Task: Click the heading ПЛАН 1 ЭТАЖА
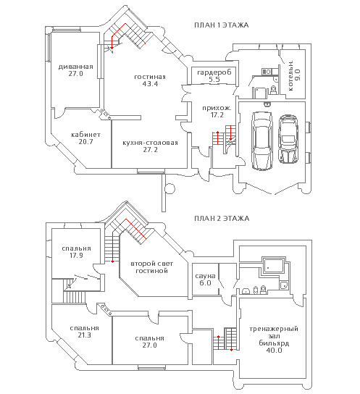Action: [x=222, y=25]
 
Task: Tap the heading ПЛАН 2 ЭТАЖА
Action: [x=222, y=218]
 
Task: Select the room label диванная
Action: [x=75, y=67]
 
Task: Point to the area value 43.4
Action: [x=150, y=84]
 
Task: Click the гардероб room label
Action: [x=214, y=72]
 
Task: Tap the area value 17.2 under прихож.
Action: [x=217, y=115]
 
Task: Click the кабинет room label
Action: [x=85, y=135]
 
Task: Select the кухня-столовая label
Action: [x=150, y=143]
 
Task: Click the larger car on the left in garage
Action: [x=262, y=141]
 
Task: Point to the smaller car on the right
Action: [x=288, y=139]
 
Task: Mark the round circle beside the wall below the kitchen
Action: [x=169, y=188]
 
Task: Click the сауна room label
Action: [x=205, y=276]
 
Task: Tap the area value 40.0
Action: [x=274, y=350]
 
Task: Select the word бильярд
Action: [x=274, y=343]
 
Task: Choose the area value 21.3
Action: [x=85, y=335]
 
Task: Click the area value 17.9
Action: [x=76, y=255]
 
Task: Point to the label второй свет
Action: [x=151, y=264]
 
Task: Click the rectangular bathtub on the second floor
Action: [x=275, y=266]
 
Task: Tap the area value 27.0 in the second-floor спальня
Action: [x=150, y=345]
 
